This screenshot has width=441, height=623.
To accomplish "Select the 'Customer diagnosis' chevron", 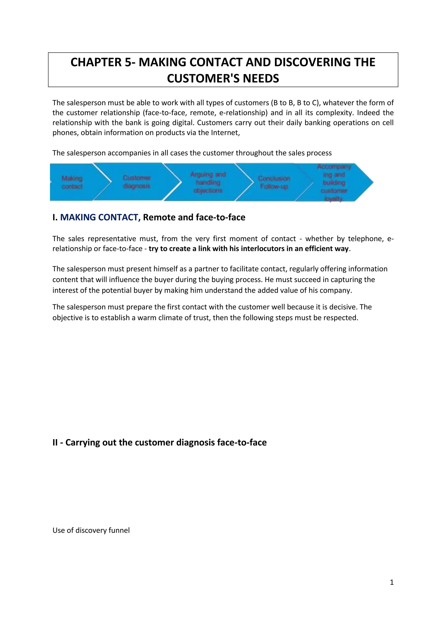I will tap(137, 182).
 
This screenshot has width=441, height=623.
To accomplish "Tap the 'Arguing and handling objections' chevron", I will tap(208, 182).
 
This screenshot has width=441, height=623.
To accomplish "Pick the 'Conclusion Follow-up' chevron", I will tap(274, 182).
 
